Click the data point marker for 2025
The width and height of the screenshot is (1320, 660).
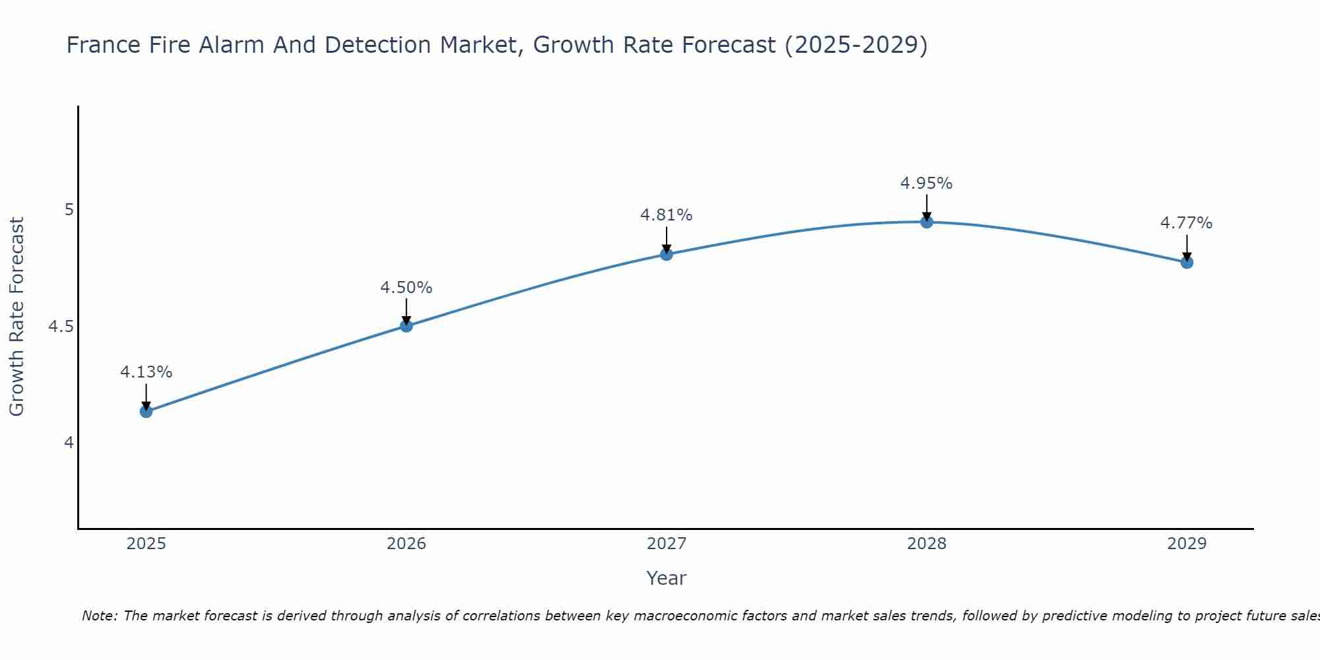pos(146,411)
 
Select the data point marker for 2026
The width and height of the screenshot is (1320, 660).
pos(407,325)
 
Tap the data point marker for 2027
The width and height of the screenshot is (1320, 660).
pos(667,254)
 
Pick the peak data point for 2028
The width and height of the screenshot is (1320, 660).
pos(927,222)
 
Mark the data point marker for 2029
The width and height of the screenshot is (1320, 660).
pos(1187,262)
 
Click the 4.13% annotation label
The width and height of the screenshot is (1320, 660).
pos(146,372)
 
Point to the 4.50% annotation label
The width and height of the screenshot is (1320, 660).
pos(407,288)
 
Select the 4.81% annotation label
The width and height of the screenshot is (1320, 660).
pos(667,215)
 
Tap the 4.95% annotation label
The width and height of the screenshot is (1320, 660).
pos(927,183)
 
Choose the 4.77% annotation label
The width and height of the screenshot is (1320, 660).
pos(1187,223)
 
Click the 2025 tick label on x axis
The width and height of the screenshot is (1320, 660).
pos(146,544)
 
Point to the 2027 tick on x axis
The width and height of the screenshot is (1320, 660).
pos(667,544)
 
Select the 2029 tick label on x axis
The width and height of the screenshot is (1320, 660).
pos(1187,544)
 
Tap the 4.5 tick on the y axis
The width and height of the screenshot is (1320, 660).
pos(61,327)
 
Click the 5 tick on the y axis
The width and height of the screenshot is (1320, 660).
pos(69,210)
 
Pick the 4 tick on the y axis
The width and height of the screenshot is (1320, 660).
pos(69,442)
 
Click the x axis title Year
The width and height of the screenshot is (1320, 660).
pos(667,578)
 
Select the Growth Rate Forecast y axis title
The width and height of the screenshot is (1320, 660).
pos(16,317)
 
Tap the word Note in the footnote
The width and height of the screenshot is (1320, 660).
pos(99,616)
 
